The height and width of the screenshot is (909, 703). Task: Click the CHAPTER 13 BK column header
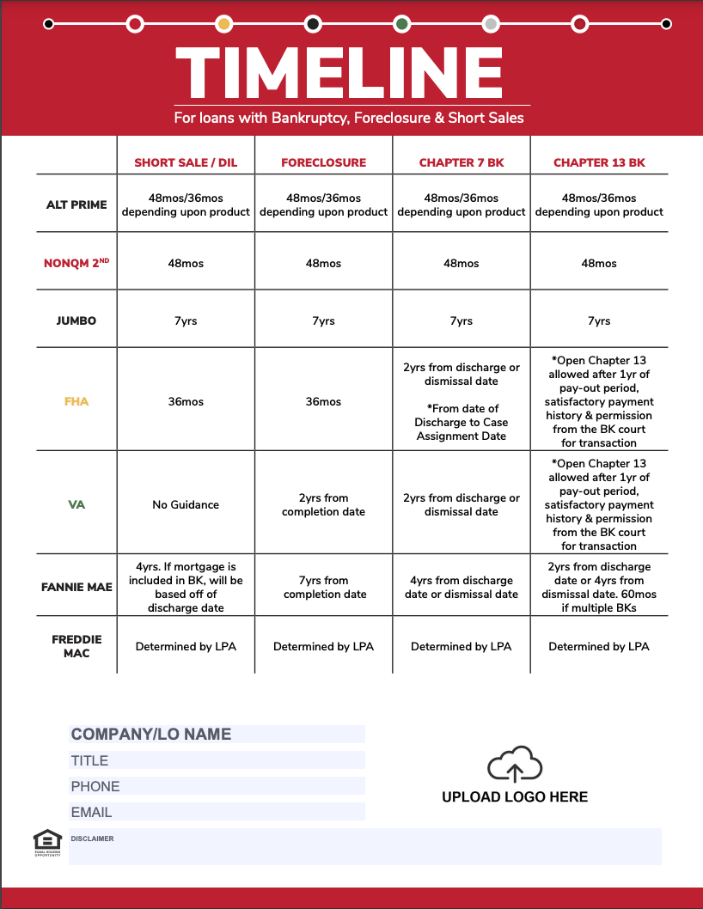[x=599, y=162]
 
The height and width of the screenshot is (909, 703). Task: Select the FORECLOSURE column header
[x=323, y=162]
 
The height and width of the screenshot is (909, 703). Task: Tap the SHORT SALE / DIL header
[x=186, y=162]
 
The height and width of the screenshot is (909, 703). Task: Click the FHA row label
[x=76, y=401]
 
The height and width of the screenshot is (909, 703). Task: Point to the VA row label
[x=76, y=504]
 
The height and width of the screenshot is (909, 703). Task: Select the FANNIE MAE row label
[x=76, y=588]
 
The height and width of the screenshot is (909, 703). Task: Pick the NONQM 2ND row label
[x=76, y=263]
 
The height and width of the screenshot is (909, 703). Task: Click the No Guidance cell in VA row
[x=186, y=504]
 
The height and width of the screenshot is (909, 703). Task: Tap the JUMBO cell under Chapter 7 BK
[x=462, y=320]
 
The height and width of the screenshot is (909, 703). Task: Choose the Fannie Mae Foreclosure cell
[x=323, y=588]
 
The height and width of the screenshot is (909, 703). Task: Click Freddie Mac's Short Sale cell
[x=186, y=646]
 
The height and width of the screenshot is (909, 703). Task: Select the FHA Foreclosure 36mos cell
[x=323, y=401]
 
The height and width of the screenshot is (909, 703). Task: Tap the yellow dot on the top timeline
[x=224, y=24]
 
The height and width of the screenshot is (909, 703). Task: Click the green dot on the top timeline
[x=401, y=24]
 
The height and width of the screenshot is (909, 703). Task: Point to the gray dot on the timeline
[x=491, y=24]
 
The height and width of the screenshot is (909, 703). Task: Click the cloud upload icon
[x=515, y=765]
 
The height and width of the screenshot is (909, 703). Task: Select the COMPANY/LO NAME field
[x=217, y=734]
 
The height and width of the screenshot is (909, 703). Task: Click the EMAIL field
[x=217, y=812]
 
